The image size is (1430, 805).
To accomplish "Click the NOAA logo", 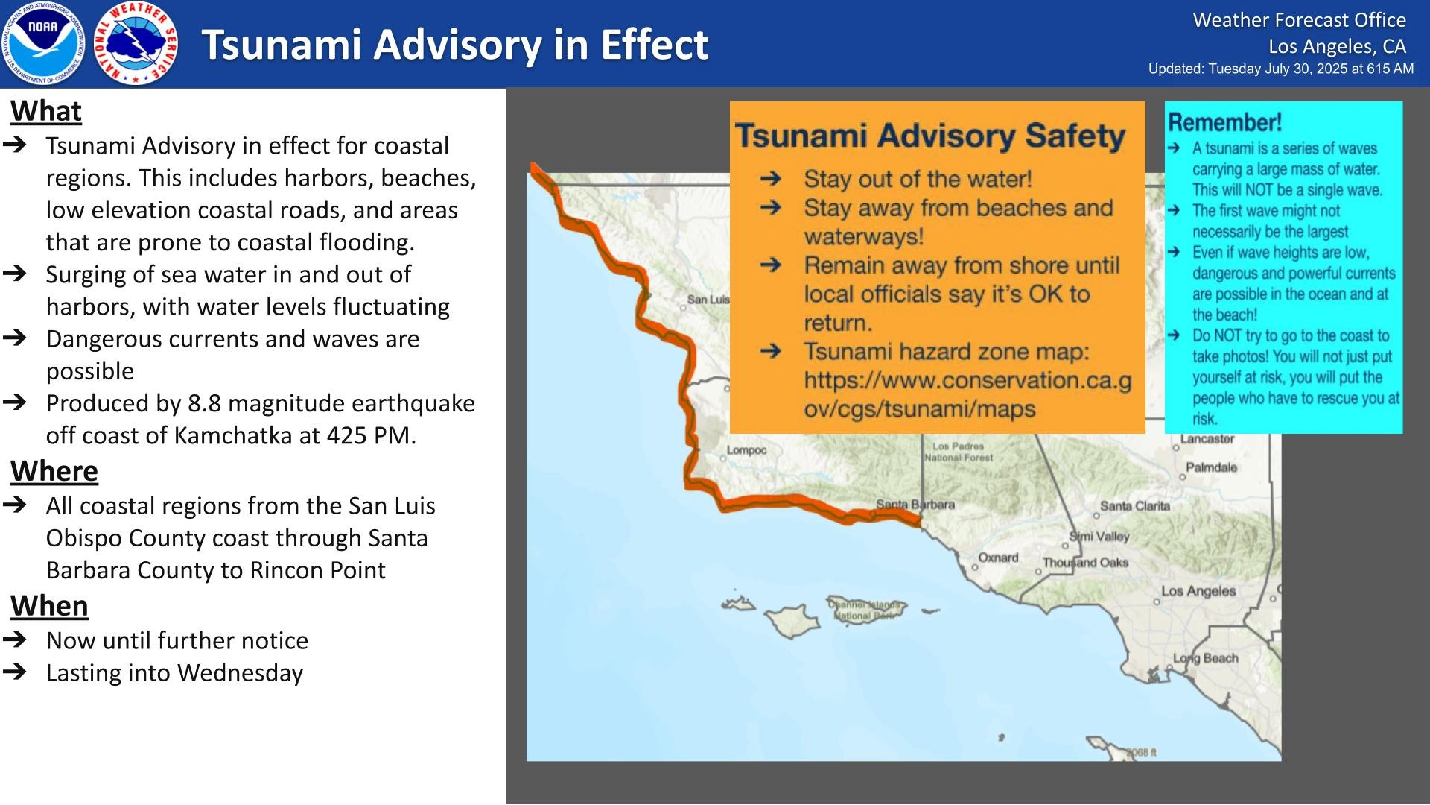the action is click(x=43, y=43).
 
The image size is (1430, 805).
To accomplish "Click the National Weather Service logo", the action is click(x=137, y=43).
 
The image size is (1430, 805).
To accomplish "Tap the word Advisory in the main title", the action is click(x=457, y=45).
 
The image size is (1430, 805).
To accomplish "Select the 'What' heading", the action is click(x=46, y=111).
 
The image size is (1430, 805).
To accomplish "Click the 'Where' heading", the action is click(x=54, y=471).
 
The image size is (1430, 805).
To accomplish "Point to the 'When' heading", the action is click(x=49, y=606).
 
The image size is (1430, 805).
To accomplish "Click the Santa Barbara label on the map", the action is click(x=915, y=505).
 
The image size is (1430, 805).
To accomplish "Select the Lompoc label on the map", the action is click(x=747, y=450).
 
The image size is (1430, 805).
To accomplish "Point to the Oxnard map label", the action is click(x=998, y=558).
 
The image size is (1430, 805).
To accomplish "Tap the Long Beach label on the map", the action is click(x=1206, y=658).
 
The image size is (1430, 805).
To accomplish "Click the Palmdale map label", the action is click(x=1212, y=467).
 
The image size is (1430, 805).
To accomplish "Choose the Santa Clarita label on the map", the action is click(x=1136, y=506).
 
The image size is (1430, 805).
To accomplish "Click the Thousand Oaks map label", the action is click(x=1085, y=563).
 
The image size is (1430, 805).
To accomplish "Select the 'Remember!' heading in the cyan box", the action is click(x=1224, y=122).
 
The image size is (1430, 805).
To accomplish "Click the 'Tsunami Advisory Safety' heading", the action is click(x=930, y=136).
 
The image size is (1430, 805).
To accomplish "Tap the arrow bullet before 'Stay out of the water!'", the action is click(x=771, y=178).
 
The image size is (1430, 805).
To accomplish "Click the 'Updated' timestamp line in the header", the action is click(x=1281, y=69).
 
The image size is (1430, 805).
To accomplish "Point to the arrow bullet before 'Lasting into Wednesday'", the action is click(x=15, y=672).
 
